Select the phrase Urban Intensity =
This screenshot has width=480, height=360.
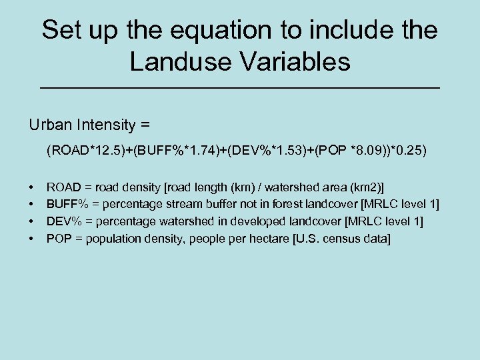(x=89, y=125)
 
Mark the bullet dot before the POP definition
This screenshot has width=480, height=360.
(x=31, y=239)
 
